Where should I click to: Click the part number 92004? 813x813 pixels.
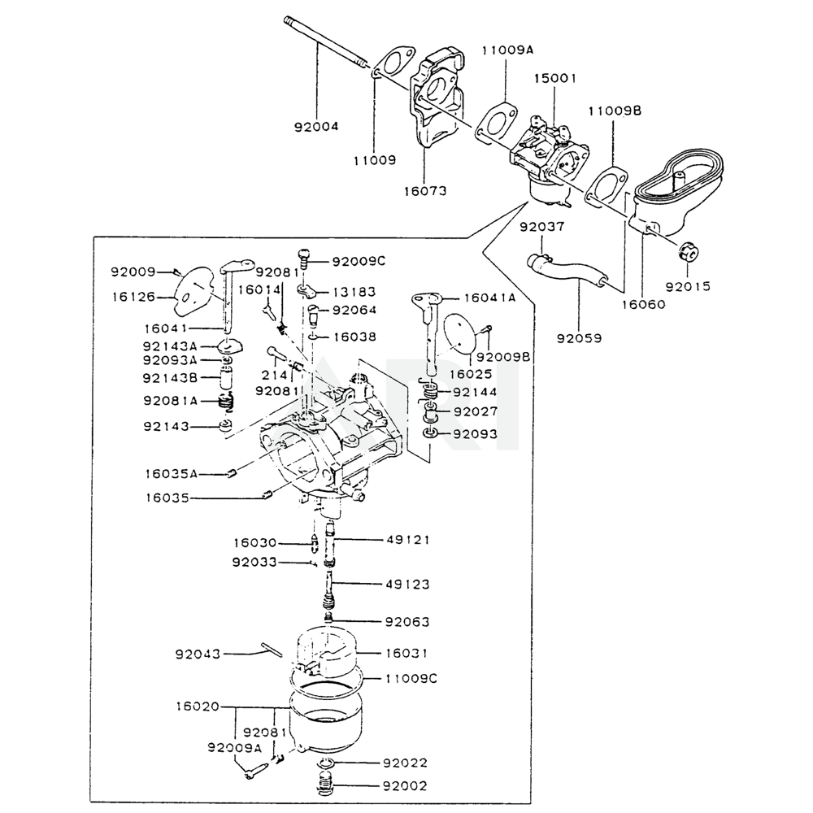tap(316, 127)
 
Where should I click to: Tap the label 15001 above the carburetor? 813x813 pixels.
tap(554, 78)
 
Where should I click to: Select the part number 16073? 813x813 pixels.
tap(425, 191)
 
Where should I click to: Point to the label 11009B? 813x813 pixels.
tap(615, 111)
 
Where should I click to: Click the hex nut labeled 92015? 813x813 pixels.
tap(689, 253)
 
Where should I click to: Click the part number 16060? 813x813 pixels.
tap(643, 304)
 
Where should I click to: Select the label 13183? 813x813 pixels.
tap(354, 292)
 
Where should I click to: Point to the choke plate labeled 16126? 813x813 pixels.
tap(193, 291)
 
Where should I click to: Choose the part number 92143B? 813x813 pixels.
tap(170, 378)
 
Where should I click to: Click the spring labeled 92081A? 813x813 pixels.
tap(225, 400)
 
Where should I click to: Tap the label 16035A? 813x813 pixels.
tap(171, 474)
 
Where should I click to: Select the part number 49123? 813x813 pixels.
tap(407, 585)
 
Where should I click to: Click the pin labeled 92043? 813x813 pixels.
tap(272, 649)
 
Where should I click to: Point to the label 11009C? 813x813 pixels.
tap(411, 678)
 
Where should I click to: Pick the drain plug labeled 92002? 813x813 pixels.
tap(324, 784)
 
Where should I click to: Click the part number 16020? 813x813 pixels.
tap(198, 706)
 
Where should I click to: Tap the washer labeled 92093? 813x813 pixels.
tap(430, 433)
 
